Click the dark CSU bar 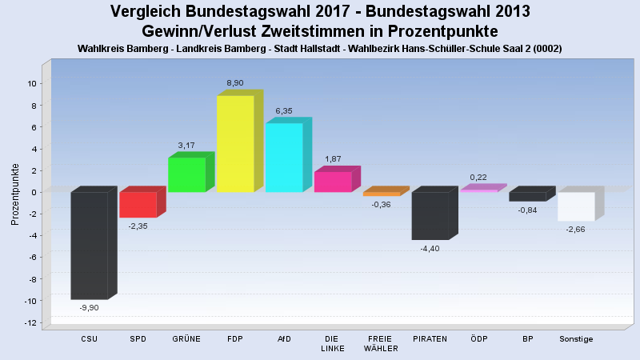click(89, 245)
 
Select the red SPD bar click(138, 205)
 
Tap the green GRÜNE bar click(186, 174)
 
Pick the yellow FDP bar click(235, 144)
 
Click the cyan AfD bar click(284, 158)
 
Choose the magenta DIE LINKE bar click(333, 182)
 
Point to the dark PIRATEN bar click(430, 215)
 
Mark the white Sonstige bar click(576, 206)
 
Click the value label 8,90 click(235, 83)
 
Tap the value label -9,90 click(89, 307)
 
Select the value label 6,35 click(284, 111)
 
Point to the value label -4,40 click(430, 248)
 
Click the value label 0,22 click(478, 177)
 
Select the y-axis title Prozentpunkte click(15, 194)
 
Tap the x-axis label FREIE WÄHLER click(381, 343)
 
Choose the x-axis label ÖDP click(478, 339)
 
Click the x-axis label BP click(527, 339)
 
